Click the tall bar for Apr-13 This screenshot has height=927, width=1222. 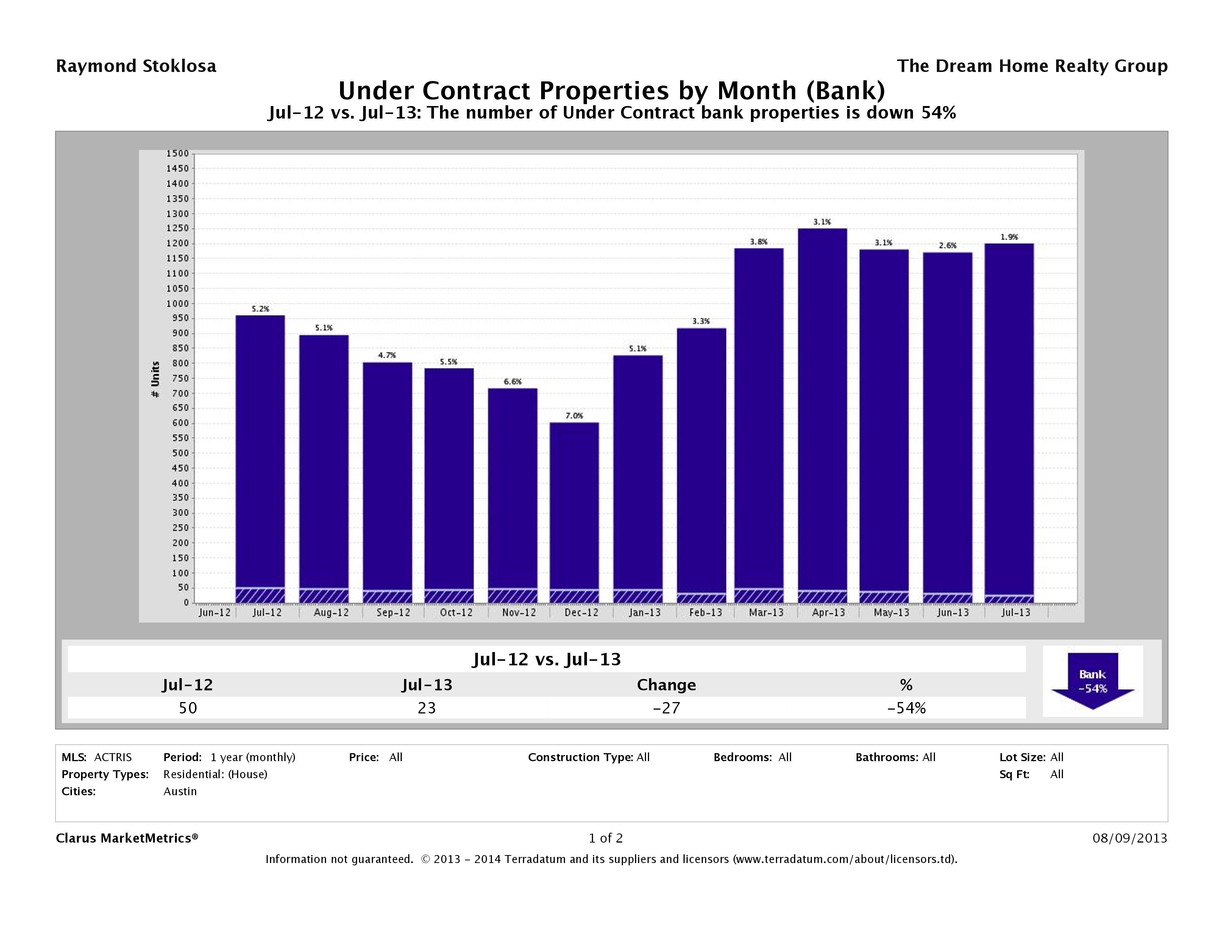click(x=822, y=409)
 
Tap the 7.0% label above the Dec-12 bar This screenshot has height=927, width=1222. click(x=574, y=415)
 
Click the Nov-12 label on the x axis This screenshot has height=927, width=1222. click(x=519, y=613)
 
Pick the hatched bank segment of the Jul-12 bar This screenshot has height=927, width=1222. click(x=260, y=595)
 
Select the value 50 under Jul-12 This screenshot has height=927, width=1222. click(x=188, y=708)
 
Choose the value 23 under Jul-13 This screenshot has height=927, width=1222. click(x=426, y=708)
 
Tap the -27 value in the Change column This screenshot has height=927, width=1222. click(x=666, y=708)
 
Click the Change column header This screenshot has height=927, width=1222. click(x=666, y=685)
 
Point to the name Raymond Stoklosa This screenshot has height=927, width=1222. click(x=136, y=66)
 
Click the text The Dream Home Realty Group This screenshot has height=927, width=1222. click(x=1032, y=66)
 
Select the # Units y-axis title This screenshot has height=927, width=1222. click(x=155, y=379)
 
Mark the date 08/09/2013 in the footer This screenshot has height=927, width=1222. click(x=1130, y=838)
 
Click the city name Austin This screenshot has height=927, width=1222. click(x=180, y=791)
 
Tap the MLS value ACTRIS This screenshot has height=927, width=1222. click(x=113, y=757)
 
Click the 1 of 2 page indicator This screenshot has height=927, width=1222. click(x=606, y=838)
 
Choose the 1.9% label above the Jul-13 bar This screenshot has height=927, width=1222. click(x=1009, y=237)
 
